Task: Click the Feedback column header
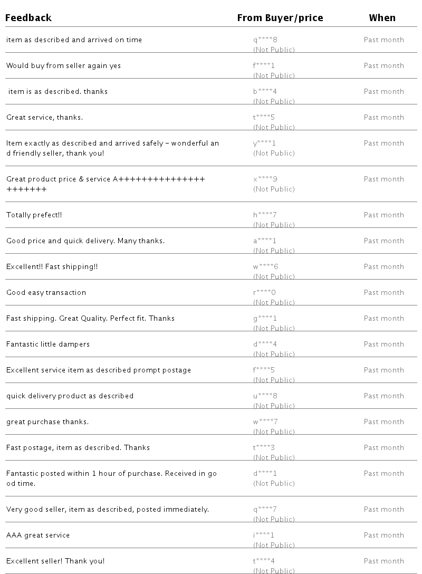[28, 18]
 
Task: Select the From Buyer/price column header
[280, 18]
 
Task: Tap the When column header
[382, 18]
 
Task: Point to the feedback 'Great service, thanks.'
[44, 118]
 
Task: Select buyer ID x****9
[265, 179]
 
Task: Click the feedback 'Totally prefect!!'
[34, 215]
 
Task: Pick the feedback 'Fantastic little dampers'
[48, 345]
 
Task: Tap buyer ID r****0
[264, 293]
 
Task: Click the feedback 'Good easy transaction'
[46, 293]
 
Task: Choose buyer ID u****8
[265, 396]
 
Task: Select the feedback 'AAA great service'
[38, 535]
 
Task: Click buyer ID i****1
[264, 535]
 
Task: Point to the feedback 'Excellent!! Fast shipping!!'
[52, 267]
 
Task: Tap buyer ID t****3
[264, 448]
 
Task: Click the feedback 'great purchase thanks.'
[47, 422]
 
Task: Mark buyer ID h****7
[265, 215]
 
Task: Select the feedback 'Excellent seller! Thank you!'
[55, 561]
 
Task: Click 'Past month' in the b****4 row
[383, 92]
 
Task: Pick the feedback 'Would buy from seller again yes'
[63, 66]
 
